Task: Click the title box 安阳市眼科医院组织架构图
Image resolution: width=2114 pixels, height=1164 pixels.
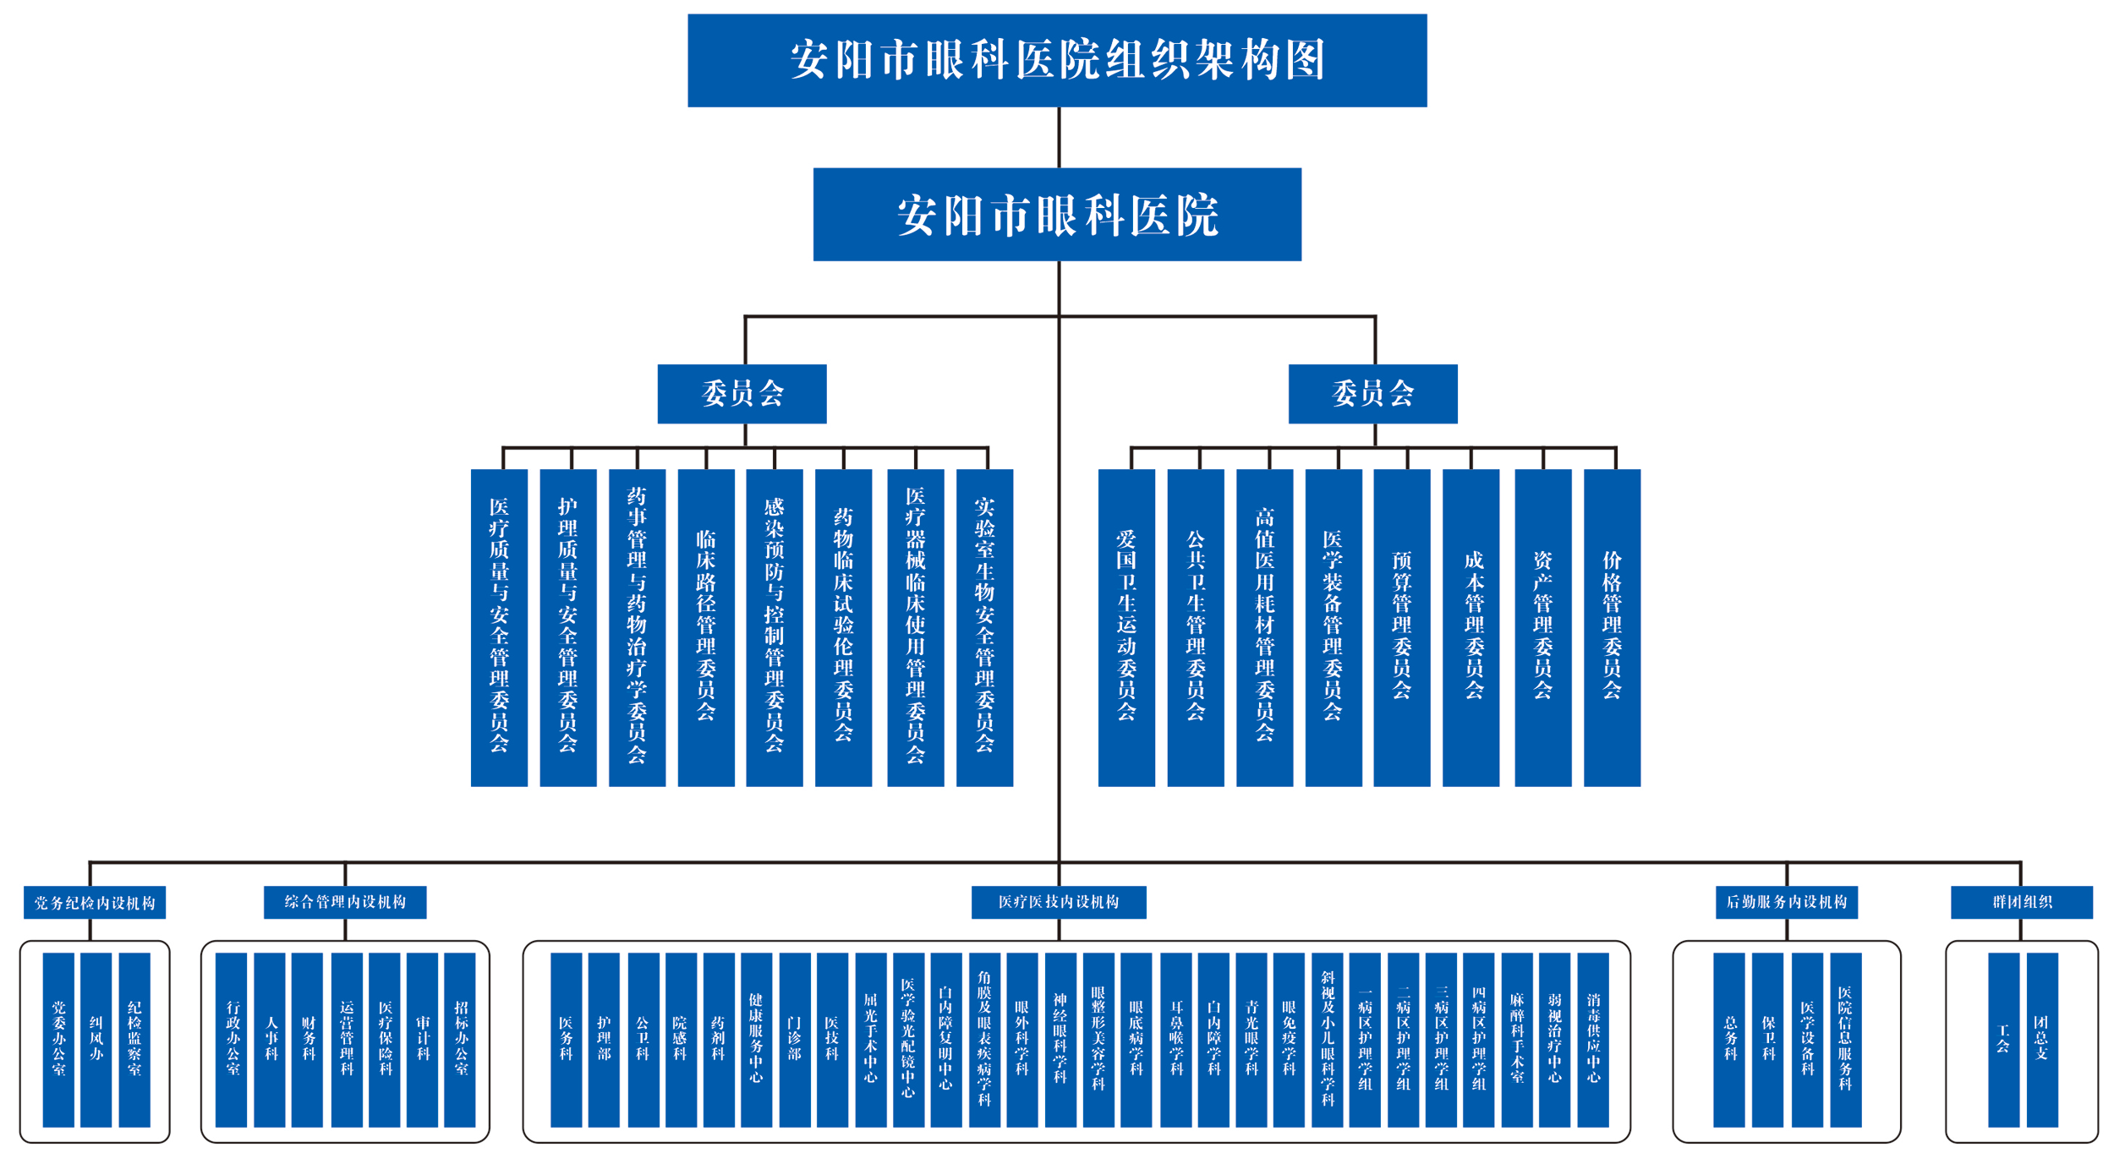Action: point(1056,60)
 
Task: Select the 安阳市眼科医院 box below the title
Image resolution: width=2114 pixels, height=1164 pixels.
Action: point(1056,214)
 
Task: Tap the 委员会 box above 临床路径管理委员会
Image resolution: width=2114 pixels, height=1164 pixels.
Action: point(742,393)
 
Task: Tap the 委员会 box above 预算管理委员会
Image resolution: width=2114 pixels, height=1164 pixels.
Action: point(1372,393)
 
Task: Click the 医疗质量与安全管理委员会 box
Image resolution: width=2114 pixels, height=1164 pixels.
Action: point(499,626)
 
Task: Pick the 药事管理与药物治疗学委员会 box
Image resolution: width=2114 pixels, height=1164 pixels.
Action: point(637,626)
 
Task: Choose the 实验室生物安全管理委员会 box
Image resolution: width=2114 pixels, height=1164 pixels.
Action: point(984,626)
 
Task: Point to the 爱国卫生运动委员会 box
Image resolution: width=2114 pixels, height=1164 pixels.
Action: point(1125,626)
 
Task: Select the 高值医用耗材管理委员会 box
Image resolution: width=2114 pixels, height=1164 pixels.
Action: point(1264,626)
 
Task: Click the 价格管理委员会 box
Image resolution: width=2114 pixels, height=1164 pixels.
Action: point(1611,626)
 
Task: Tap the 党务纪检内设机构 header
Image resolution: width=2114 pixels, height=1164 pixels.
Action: point(95,902)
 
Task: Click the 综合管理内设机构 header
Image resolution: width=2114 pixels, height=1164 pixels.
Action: point(345,901)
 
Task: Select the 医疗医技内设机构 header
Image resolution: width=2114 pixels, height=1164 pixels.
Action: point(1058,901)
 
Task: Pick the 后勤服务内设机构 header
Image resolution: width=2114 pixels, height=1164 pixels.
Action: point(1786,901)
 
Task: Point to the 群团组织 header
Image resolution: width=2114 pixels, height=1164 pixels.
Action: point(2021,901)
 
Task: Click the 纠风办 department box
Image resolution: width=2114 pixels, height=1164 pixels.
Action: point(96,1039)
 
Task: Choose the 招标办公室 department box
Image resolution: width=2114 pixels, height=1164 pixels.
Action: point(460,1039)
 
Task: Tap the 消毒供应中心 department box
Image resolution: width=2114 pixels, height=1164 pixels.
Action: point(1592,1039)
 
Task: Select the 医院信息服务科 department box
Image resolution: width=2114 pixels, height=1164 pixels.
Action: point(1845,1039)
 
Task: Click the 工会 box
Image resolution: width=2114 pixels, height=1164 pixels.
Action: point(2002,1039)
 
